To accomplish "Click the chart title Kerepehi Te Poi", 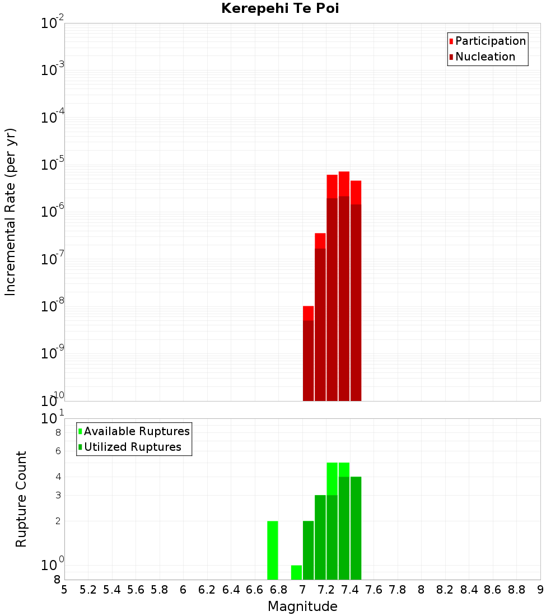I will click(279, 8).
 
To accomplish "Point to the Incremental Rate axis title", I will click(11, 212).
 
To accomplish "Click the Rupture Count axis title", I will click(21, 499).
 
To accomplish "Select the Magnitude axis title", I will click(302, 606).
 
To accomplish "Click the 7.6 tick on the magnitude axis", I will click(374, 590).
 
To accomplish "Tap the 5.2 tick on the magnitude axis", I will click(88, 590).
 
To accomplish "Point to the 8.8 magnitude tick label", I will click(516, 590).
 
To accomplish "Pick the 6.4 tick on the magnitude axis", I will click(231, 590).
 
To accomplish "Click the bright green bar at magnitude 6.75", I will click(273, 550).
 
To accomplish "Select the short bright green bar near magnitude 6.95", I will click(296, 572).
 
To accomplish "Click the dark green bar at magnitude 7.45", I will click(356, 528).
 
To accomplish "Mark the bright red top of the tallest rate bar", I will click(344, 184).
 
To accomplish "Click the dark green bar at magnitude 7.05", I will click(308, 550).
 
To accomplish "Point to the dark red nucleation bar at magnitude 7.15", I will click(320, 324).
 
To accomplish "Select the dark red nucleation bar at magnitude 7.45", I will click(356, 302).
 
